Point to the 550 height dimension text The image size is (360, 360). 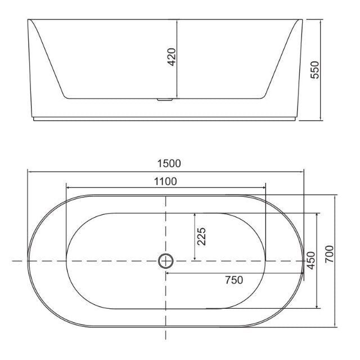pyautogui.click(x=316, y=70)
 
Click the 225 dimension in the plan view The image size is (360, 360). pyautogui.click(x=202, y=237)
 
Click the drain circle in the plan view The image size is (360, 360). pyautogui.click(x=166, y=261)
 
